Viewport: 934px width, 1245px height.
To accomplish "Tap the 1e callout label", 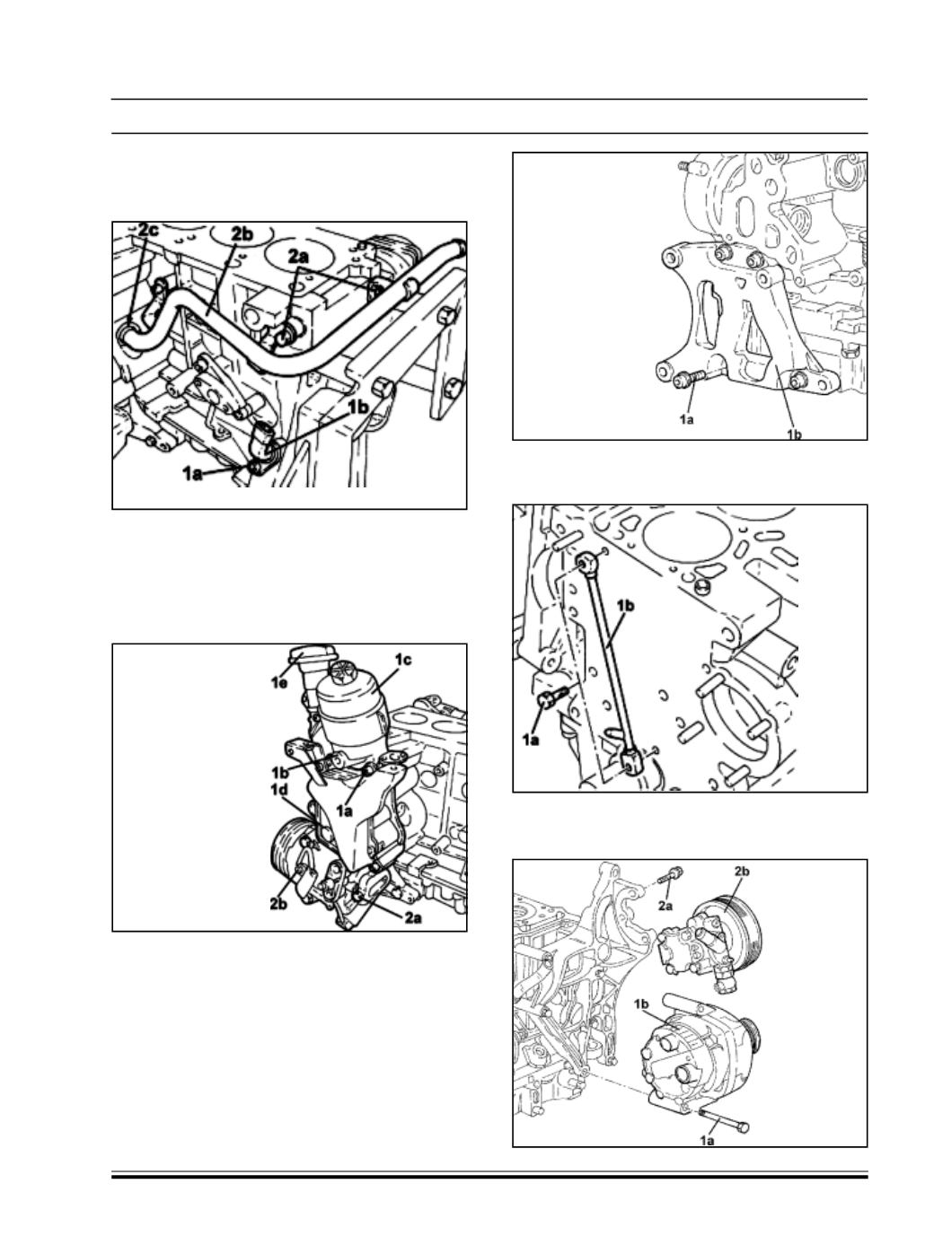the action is coord(278,682).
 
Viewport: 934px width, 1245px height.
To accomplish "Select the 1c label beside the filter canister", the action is coord(403,659).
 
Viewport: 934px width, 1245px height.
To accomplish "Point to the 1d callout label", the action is coord(279,789).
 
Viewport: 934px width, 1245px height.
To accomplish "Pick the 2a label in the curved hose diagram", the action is coord(298,258).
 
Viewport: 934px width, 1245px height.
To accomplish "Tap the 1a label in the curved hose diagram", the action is coord(192,473).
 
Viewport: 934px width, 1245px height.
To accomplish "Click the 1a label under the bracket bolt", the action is coord(687,421).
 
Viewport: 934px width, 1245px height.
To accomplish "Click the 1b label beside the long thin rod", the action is coord(625,606).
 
